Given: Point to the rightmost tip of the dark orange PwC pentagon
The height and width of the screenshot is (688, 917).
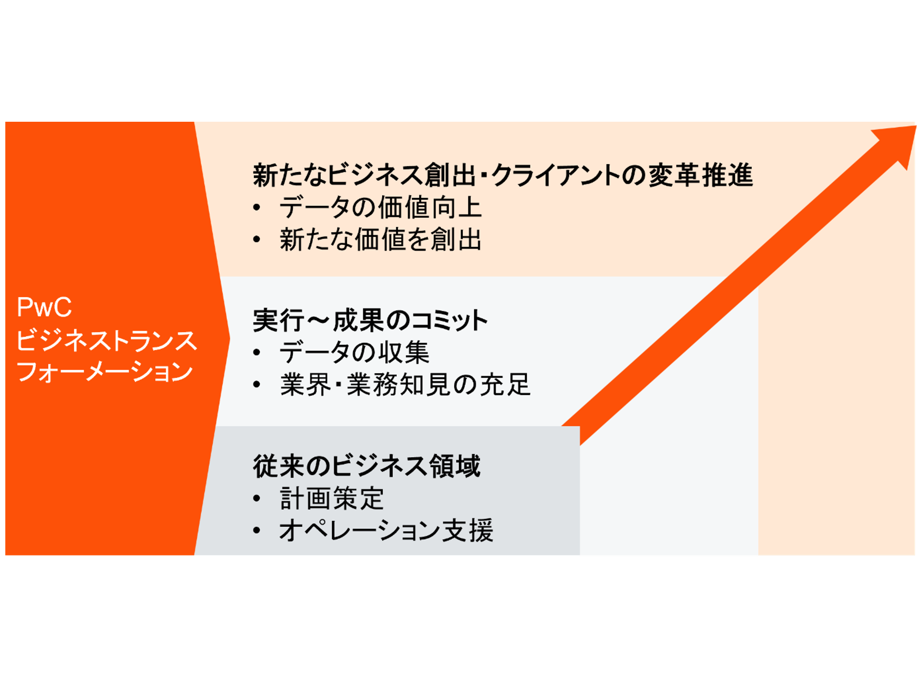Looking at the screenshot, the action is [x=230, y=339].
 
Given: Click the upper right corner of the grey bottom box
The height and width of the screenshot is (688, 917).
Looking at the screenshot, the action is [x=579, y=427].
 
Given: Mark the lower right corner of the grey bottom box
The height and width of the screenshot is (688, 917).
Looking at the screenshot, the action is [x=579, y=555].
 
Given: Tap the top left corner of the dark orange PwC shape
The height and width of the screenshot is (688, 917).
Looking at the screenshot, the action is [x=6, y=122].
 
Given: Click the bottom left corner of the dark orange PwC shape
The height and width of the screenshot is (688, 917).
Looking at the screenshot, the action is [x=6, y=555].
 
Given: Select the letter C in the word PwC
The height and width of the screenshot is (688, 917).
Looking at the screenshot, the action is [x=61, y=307].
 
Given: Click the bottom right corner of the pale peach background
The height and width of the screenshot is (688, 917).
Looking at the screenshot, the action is [x=914, y=555].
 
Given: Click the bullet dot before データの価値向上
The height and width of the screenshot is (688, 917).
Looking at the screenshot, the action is [x=257, y=207].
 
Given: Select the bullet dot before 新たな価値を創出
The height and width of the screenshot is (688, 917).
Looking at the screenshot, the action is [x=257, y=240].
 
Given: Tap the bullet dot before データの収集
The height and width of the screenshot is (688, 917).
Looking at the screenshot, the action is [x=257, y=352].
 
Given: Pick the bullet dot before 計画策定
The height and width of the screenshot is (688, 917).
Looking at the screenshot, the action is [x=257, y=499].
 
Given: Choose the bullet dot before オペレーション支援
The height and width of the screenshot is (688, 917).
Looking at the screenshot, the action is [x=257, y=530].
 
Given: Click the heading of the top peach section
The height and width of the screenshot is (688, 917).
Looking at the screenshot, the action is [x=503, y=175].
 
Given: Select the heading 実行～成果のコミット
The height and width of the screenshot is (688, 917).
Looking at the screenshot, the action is [x=370, y=320].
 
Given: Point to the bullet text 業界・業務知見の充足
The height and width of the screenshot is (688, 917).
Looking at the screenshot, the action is [x=405, y=384].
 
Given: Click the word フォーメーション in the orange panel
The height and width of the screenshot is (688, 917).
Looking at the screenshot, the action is [x=105, y=371].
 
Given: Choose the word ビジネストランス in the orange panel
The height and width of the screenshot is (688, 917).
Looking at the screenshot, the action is [x=107, y=340].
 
